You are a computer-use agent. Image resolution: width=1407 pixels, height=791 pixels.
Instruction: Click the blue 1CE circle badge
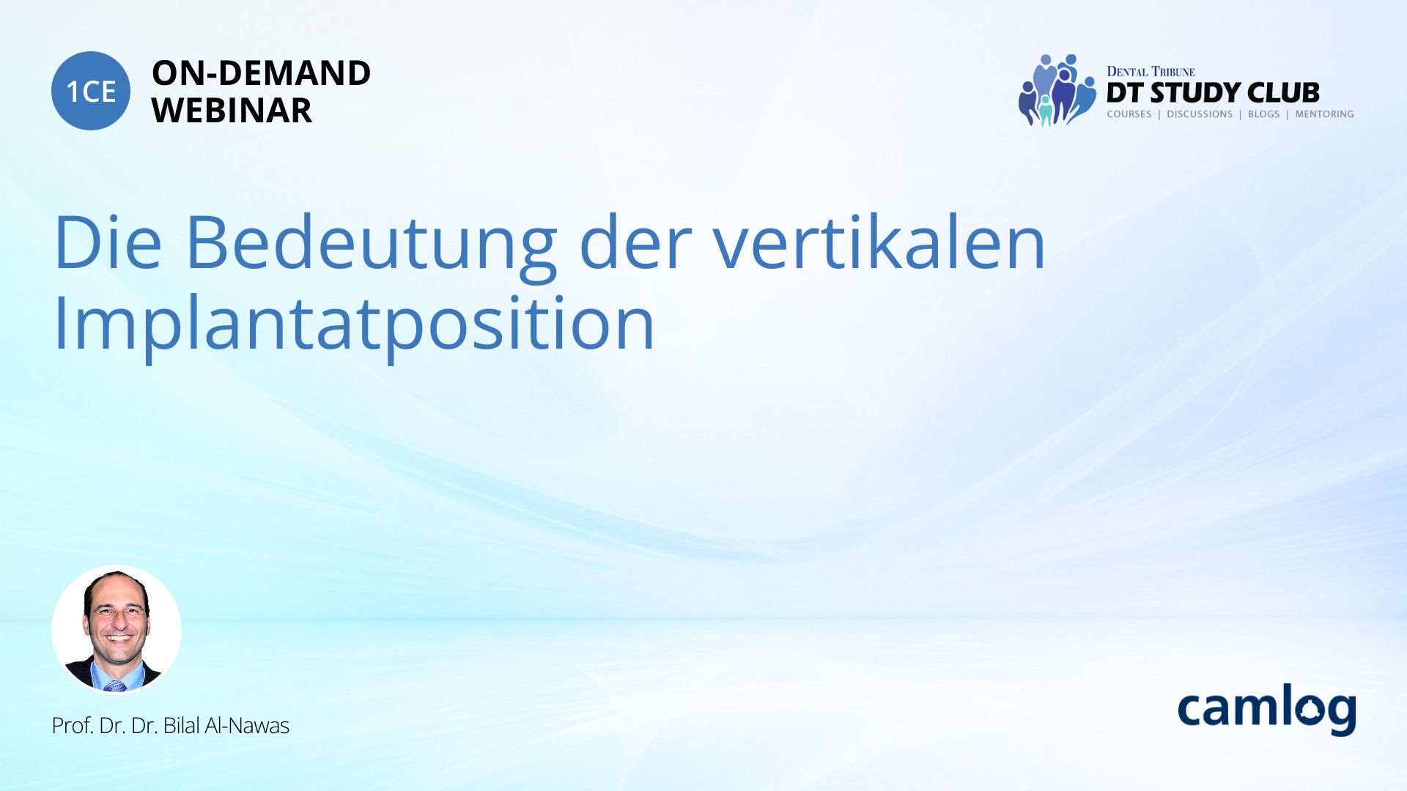[91, 91]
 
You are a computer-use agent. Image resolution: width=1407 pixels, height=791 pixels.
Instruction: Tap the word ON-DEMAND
[261, 73]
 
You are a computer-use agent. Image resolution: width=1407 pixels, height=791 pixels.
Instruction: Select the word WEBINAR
[232, 111]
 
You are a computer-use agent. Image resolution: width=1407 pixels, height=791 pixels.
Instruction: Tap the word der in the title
[635, 242]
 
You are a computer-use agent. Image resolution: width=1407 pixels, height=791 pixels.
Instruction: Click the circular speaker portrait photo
[117, 629]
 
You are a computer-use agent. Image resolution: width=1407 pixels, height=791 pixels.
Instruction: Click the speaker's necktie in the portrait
[115, 686]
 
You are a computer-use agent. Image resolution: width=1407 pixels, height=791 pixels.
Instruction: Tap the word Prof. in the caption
[73, 726]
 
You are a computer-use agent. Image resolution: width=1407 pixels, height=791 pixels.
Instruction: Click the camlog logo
[1266, 710]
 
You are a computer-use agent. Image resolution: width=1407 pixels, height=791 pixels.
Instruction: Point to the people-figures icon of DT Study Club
[1057, 90]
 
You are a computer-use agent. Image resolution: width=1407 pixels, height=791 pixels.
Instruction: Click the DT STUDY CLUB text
[1213, 93]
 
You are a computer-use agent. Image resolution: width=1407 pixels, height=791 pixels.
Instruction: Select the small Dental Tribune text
[1151, 72]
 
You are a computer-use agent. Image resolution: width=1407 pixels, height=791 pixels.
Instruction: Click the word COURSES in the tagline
[1129, 114]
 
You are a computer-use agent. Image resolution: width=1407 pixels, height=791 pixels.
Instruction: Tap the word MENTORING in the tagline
[1324, 114]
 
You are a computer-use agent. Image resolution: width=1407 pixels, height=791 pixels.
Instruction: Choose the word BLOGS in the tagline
[1263, 114]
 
